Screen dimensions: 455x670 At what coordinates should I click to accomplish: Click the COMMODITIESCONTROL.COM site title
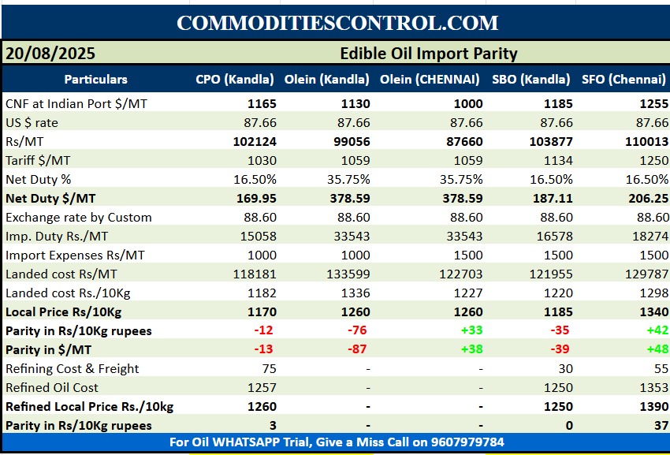click(x=337, y=22)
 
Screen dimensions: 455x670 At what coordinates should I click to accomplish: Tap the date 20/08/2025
click(x=50, y=54)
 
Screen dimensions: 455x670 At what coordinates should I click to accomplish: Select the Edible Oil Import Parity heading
click(x=428, y=54)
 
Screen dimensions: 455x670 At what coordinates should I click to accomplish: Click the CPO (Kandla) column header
click(x=235, y=79)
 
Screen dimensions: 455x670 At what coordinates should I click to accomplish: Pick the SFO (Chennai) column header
click(x=624, y=79)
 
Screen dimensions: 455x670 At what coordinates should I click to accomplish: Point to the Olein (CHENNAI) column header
click(x=430, y=79)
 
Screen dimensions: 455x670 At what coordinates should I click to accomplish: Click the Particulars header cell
click(x=95, y=79)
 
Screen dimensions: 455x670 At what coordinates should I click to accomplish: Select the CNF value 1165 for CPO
click(x=262, y=103)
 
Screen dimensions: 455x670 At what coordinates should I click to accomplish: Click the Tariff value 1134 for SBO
click(x=557, y=160)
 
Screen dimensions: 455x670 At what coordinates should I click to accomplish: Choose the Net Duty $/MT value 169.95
click(x=256, y=198)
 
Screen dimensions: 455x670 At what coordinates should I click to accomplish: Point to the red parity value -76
click(x=359, y=330)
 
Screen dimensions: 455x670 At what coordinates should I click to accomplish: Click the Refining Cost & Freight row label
click(x=73, y=368)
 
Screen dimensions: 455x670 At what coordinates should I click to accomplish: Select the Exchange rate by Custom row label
click(x=79, y=217)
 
